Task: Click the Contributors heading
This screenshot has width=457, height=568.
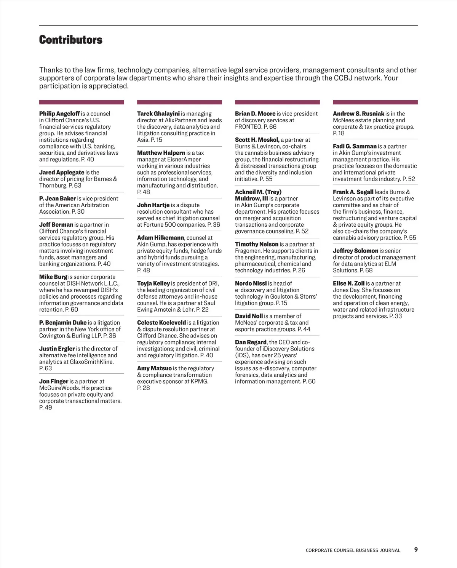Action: coord(71,40)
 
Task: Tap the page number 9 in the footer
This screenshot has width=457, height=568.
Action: coord(416,549)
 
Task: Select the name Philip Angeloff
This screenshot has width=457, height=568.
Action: coord(59,114)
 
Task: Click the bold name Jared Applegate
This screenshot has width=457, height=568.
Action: coord(62,172)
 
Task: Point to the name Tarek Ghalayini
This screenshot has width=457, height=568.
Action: coord(158,114)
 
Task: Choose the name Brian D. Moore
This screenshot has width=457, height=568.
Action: coord(255,114)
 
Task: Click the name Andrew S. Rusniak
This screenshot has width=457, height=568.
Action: coord(358,114)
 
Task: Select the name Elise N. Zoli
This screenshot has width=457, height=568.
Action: coord(348,283)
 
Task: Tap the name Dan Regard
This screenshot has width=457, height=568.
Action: coord(251,342)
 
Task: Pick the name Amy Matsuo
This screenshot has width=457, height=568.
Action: coord(154,368)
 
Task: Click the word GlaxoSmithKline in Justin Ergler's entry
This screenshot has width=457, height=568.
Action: coord(91,362)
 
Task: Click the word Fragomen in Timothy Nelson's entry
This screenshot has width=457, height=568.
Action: coord(248,251)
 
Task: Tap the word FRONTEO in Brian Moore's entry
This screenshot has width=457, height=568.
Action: coord(248,127)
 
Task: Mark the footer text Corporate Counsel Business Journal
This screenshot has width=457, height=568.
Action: coord(353,550)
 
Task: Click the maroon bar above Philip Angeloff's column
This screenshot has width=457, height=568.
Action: coord(81,102)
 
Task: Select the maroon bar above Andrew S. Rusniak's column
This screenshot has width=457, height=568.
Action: coord(375,102)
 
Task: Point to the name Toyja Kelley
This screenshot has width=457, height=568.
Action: coord(153,283)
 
